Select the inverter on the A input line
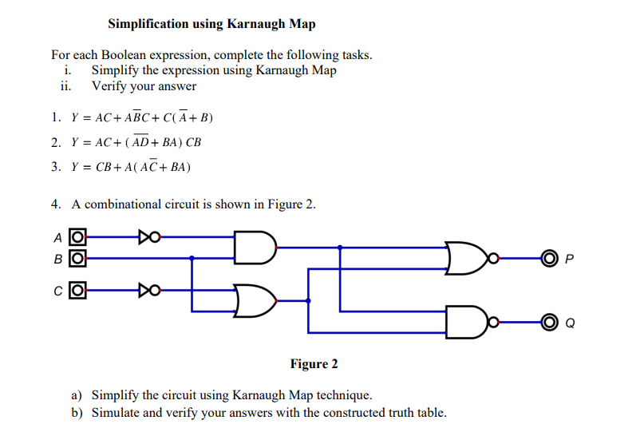tap(148, 237)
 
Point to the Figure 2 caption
tap(314, 364)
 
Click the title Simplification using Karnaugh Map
tap(211, 24)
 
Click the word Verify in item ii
tap(110, 85)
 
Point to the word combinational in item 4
tap(124, 204)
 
